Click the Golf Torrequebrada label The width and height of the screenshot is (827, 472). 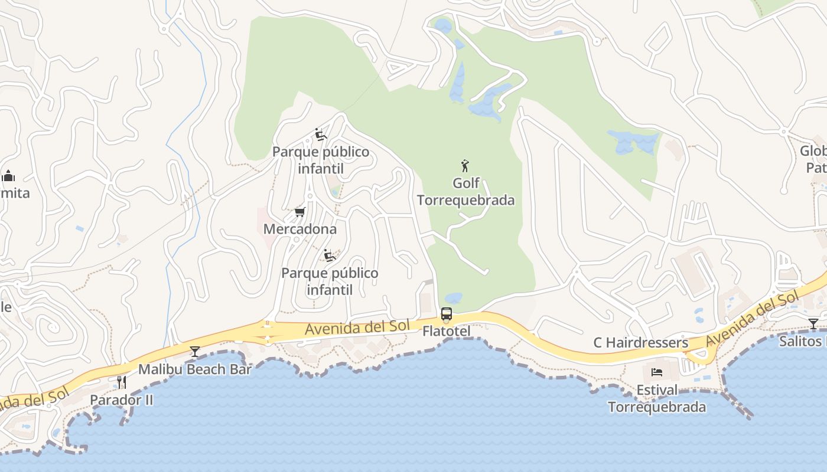(465, 192)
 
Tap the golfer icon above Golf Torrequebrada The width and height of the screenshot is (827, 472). (465, 166)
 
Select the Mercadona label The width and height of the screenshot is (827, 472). (299, 229)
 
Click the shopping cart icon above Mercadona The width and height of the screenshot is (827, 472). (299, 212)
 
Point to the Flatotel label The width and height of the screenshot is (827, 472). (447, 332)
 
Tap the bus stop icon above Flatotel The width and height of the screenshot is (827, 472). (447, 314)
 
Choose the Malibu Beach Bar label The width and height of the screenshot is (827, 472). (195, 369)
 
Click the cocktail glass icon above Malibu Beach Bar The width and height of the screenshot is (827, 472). (195, 352)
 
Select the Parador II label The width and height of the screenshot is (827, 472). (121, 400)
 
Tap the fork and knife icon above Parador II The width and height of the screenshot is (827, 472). (121, 382)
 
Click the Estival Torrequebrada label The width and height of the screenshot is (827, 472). (657, 399)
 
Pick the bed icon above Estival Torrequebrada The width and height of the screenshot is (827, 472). (657, 372)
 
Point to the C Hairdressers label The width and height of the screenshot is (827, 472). (641, 343)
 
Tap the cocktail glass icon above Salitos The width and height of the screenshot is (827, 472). (813, 323)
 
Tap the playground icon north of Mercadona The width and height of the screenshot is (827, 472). (321, 135)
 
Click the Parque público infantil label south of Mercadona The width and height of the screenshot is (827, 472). (330, 281)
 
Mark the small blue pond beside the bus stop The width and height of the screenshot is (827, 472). (454, 298)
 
